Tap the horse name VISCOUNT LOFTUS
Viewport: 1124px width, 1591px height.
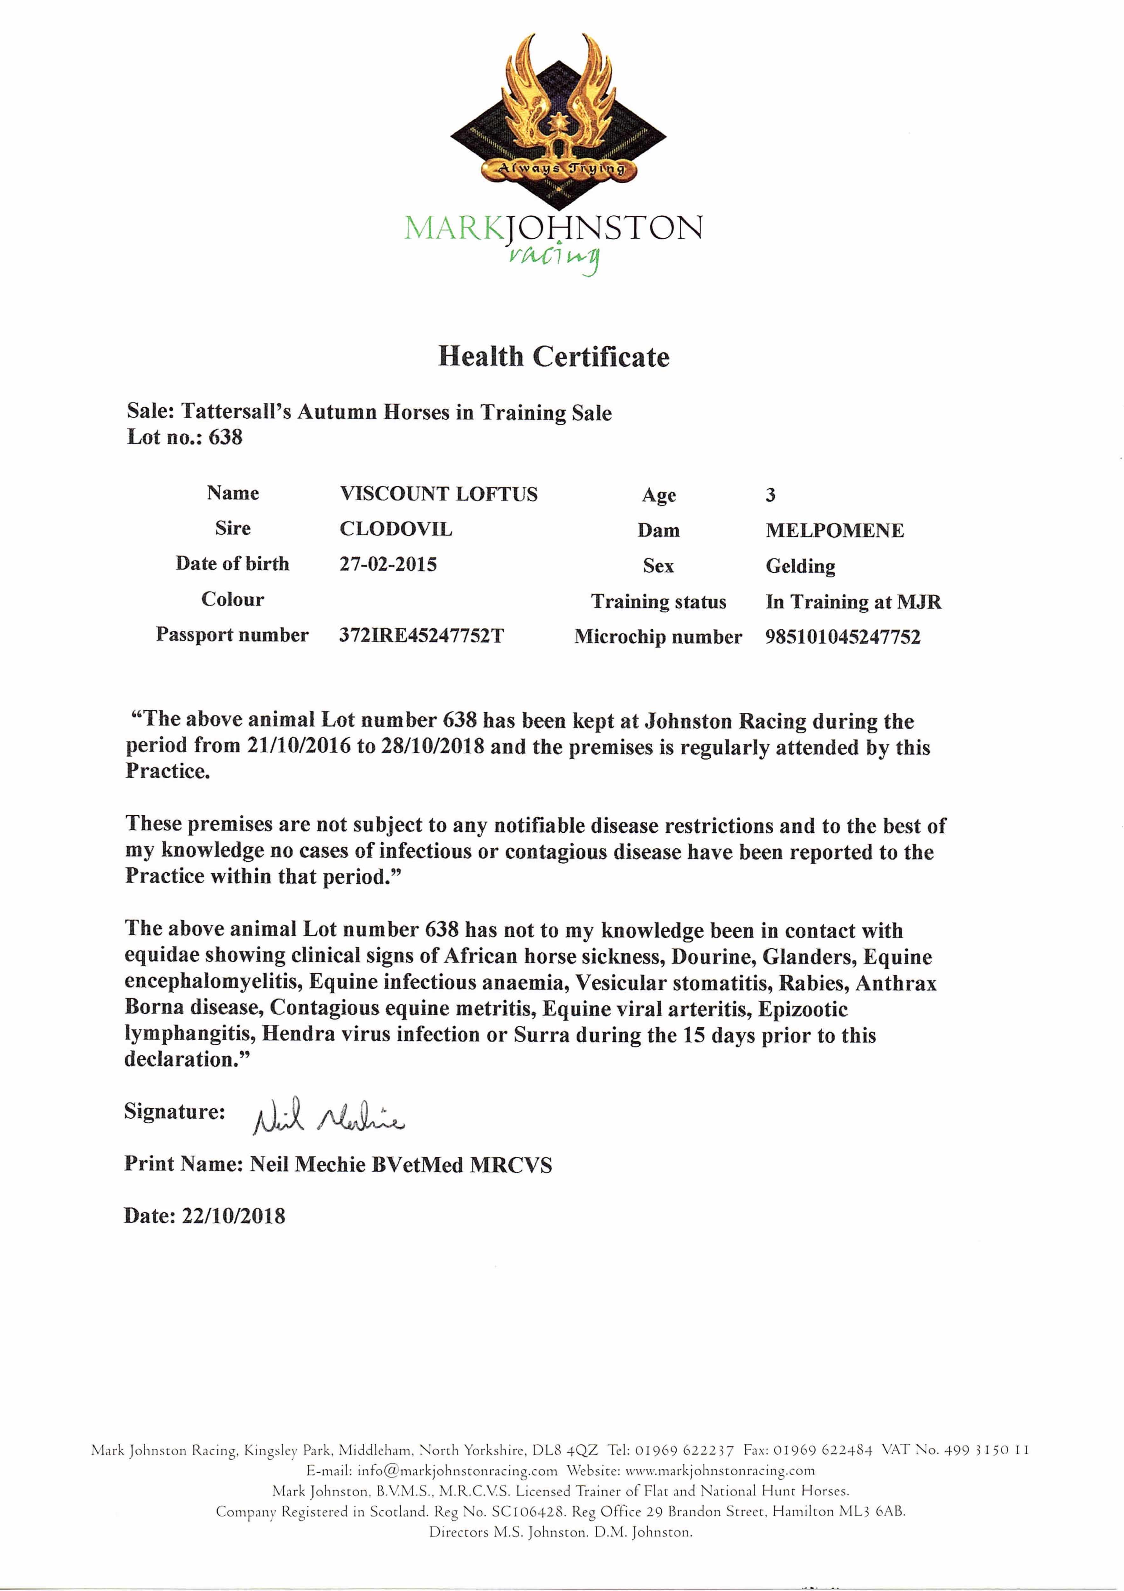(438, 494)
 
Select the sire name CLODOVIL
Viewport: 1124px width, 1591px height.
(396, 529)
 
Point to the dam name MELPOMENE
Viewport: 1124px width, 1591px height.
(835, 531)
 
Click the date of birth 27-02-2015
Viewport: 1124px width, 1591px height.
(388, 565)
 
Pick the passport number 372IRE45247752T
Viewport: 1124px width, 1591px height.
(421, 635)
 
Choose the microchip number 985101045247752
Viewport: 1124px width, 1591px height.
(843, 637)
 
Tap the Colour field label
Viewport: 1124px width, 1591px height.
(233, 599)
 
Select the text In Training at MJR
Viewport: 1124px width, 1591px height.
(853, 601)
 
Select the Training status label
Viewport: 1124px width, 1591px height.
(659, 601)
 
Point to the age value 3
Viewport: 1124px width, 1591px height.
(770, 495)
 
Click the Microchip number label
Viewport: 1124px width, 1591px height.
(658, 637)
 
